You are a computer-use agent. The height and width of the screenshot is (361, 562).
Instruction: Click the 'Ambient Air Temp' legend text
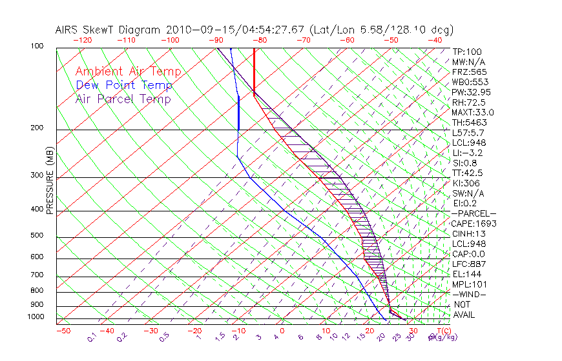point(128,72)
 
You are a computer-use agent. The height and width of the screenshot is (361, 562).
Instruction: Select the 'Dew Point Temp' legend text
point(124,85)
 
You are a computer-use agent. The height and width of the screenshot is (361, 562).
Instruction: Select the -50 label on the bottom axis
point(63,331)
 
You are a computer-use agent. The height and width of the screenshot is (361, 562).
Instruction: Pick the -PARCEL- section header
point(474,213)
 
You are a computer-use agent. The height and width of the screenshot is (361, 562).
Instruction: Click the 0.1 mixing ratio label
point(92,337)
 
